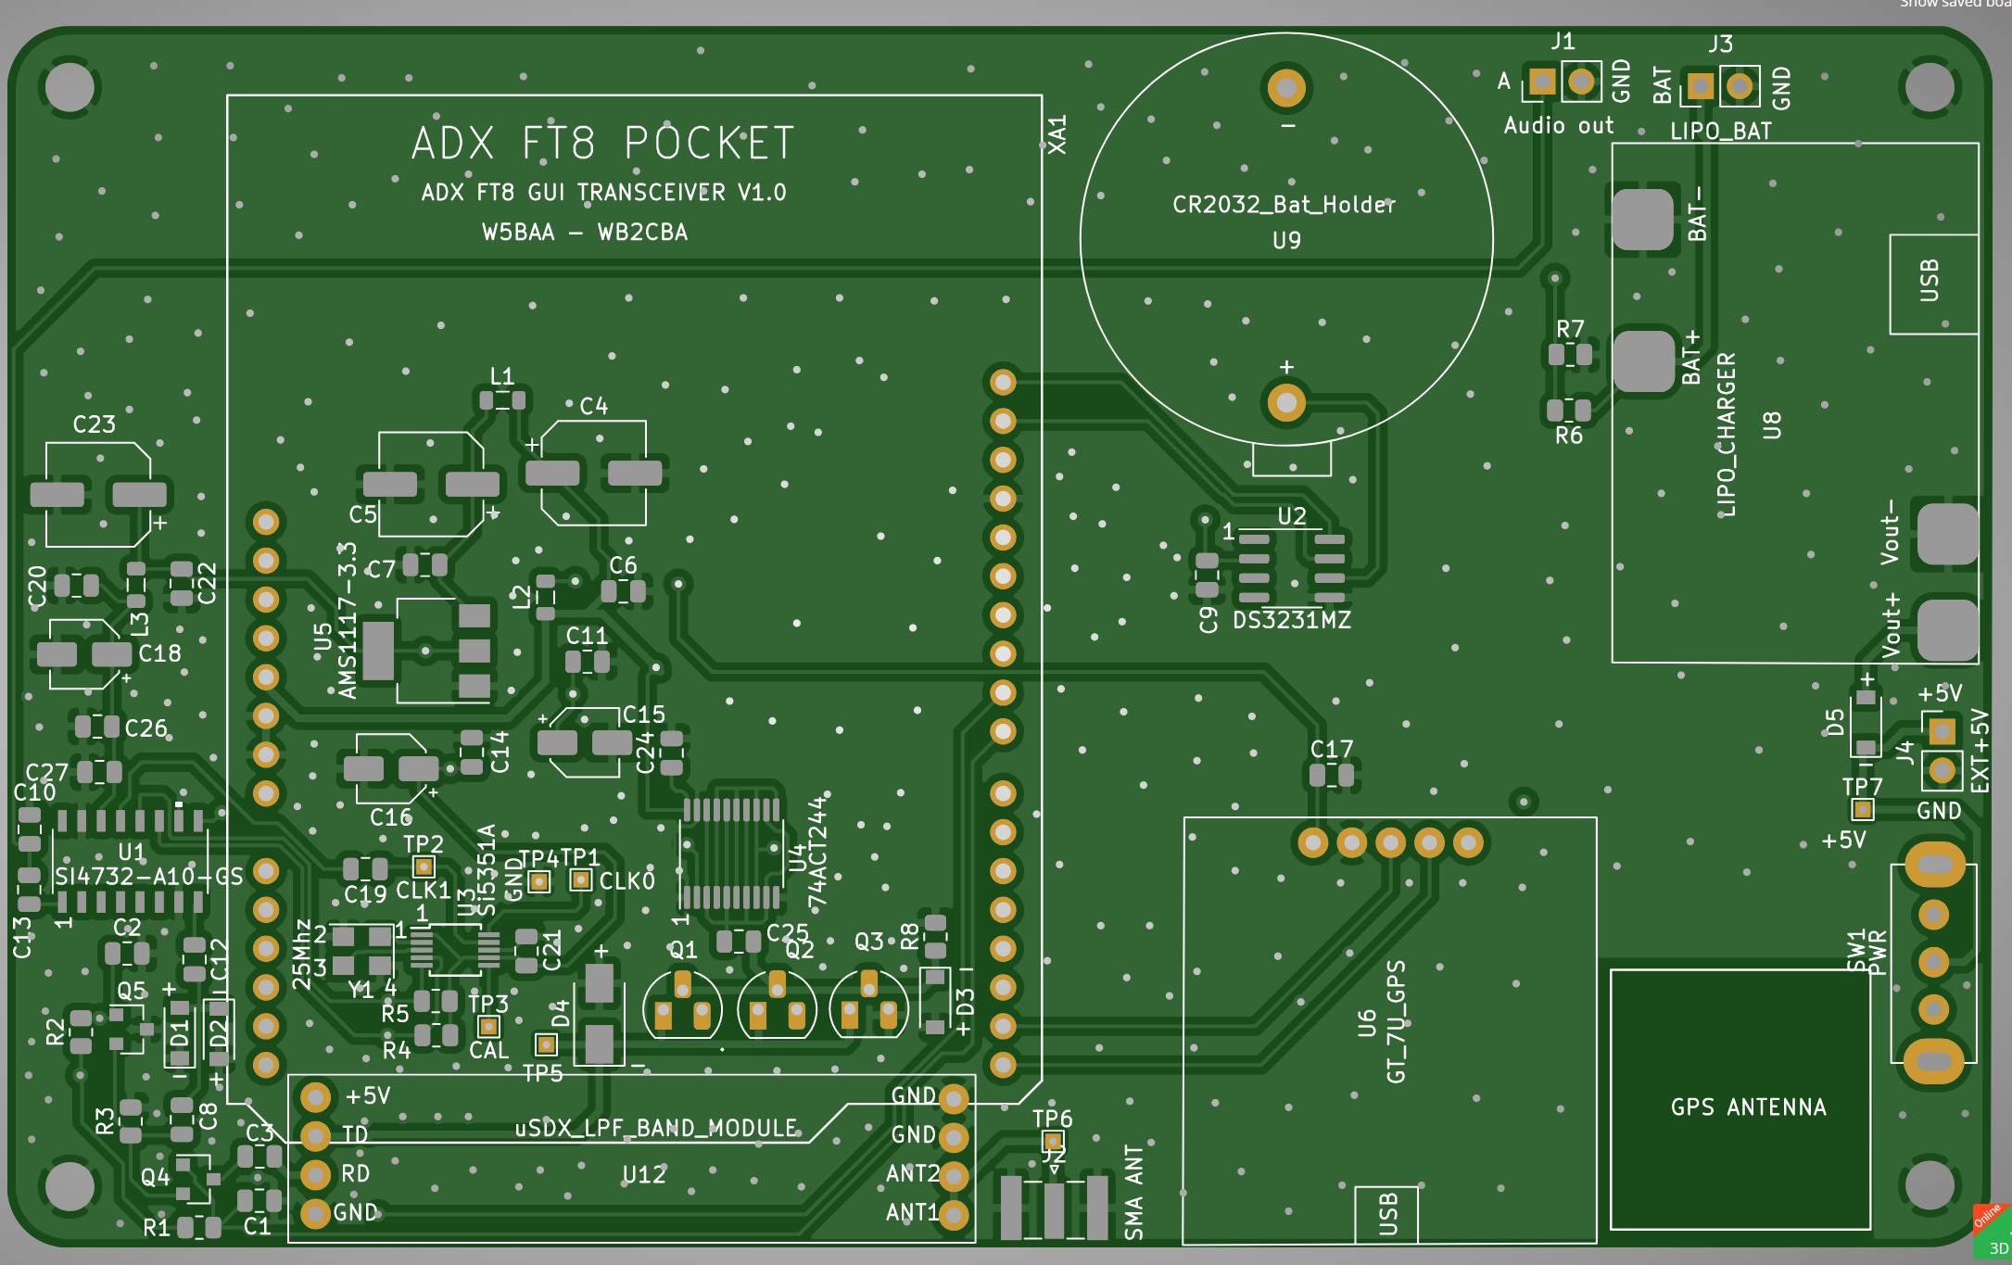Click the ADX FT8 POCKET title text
click(x=603, y=144)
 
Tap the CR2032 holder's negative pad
click(x=1285, y=88)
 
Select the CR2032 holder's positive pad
click(x=1285, y=402)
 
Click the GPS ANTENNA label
click(x=1748, y=1107)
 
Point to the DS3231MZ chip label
click(x=1291, y=620)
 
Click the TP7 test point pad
click(x=1862, y=810)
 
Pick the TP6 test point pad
click(x=1052, y=1141)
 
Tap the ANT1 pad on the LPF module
click(x=954, y=1214)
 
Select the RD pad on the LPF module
click(x=316, y=1174)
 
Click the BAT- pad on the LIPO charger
click(x=1642, y=220)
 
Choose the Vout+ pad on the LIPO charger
click(x=1945, y=630)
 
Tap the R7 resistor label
click(x=1570, y=329)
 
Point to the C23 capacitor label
click(x=94, y=424)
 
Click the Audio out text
click(x=1558, y=126)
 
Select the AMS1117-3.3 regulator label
click(x=347, y=620)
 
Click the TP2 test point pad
click(x=424, y=867)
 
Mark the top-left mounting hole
click(x=70, y=87)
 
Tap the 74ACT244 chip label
click(x=816, y=853)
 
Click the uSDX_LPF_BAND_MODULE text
click(x=655, y=1128)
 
